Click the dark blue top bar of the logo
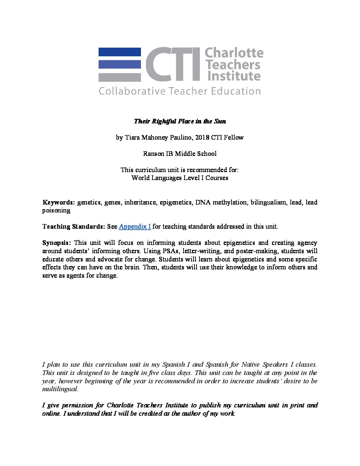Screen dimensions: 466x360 tap(119, 52)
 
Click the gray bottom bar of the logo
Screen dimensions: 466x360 tap(119, 77)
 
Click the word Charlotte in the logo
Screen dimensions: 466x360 tap(234, 53)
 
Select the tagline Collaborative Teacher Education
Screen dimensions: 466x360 tap(180, 91)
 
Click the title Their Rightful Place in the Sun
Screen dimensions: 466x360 tap(180, 121)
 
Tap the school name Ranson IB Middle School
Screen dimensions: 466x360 tap(180, 154)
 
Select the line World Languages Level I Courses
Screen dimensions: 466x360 tap(180, 178)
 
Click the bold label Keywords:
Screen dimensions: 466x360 tap(59, 202)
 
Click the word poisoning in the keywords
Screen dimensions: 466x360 tap(56, 210)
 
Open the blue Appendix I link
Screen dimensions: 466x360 tap(135, 227)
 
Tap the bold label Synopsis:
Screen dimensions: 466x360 tap(57, 243)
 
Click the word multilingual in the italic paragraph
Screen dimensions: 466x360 tap(60, 389)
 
